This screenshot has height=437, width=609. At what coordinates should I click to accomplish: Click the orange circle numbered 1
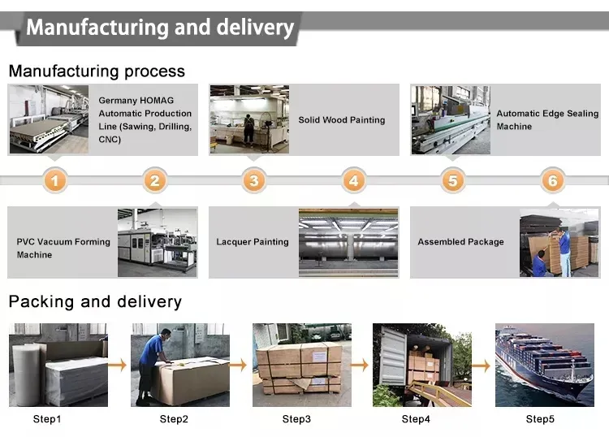[x=54, y=180]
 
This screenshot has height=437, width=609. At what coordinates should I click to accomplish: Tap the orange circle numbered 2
[x=155, y=180]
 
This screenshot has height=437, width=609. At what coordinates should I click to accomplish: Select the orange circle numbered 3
[x=254, y=180]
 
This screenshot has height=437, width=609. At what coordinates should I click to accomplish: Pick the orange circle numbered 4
[x=353, y=180]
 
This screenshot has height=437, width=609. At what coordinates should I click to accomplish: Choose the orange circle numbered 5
[x=453, y=180]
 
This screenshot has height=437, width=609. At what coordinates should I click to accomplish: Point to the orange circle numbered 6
[x=552, y=180]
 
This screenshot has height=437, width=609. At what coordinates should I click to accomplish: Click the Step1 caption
[x=47, y=419]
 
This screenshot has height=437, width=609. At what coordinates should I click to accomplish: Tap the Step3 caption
[x=296, y=419]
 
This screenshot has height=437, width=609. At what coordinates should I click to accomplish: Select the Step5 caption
[x=540, y=419]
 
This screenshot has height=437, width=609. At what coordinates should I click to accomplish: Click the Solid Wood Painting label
[x=341, y=120]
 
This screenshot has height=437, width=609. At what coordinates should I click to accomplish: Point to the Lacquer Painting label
[x=253, y=242]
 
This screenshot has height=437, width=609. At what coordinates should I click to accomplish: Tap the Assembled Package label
[x=460, y=242]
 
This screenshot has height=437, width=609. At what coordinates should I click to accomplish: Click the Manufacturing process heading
[x=97, y=71]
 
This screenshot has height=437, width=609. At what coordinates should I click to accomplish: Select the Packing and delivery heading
[x=95, y=302]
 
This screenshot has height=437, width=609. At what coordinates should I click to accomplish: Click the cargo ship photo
[x=544, y=365]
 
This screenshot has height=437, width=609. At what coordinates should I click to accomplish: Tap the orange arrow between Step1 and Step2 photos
[x=118, y=366]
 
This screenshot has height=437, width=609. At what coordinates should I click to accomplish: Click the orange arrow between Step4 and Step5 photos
[x=482, y=366]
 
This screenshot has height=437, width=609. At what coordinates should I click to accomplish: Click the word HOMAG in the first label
[x=150, y=101]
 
